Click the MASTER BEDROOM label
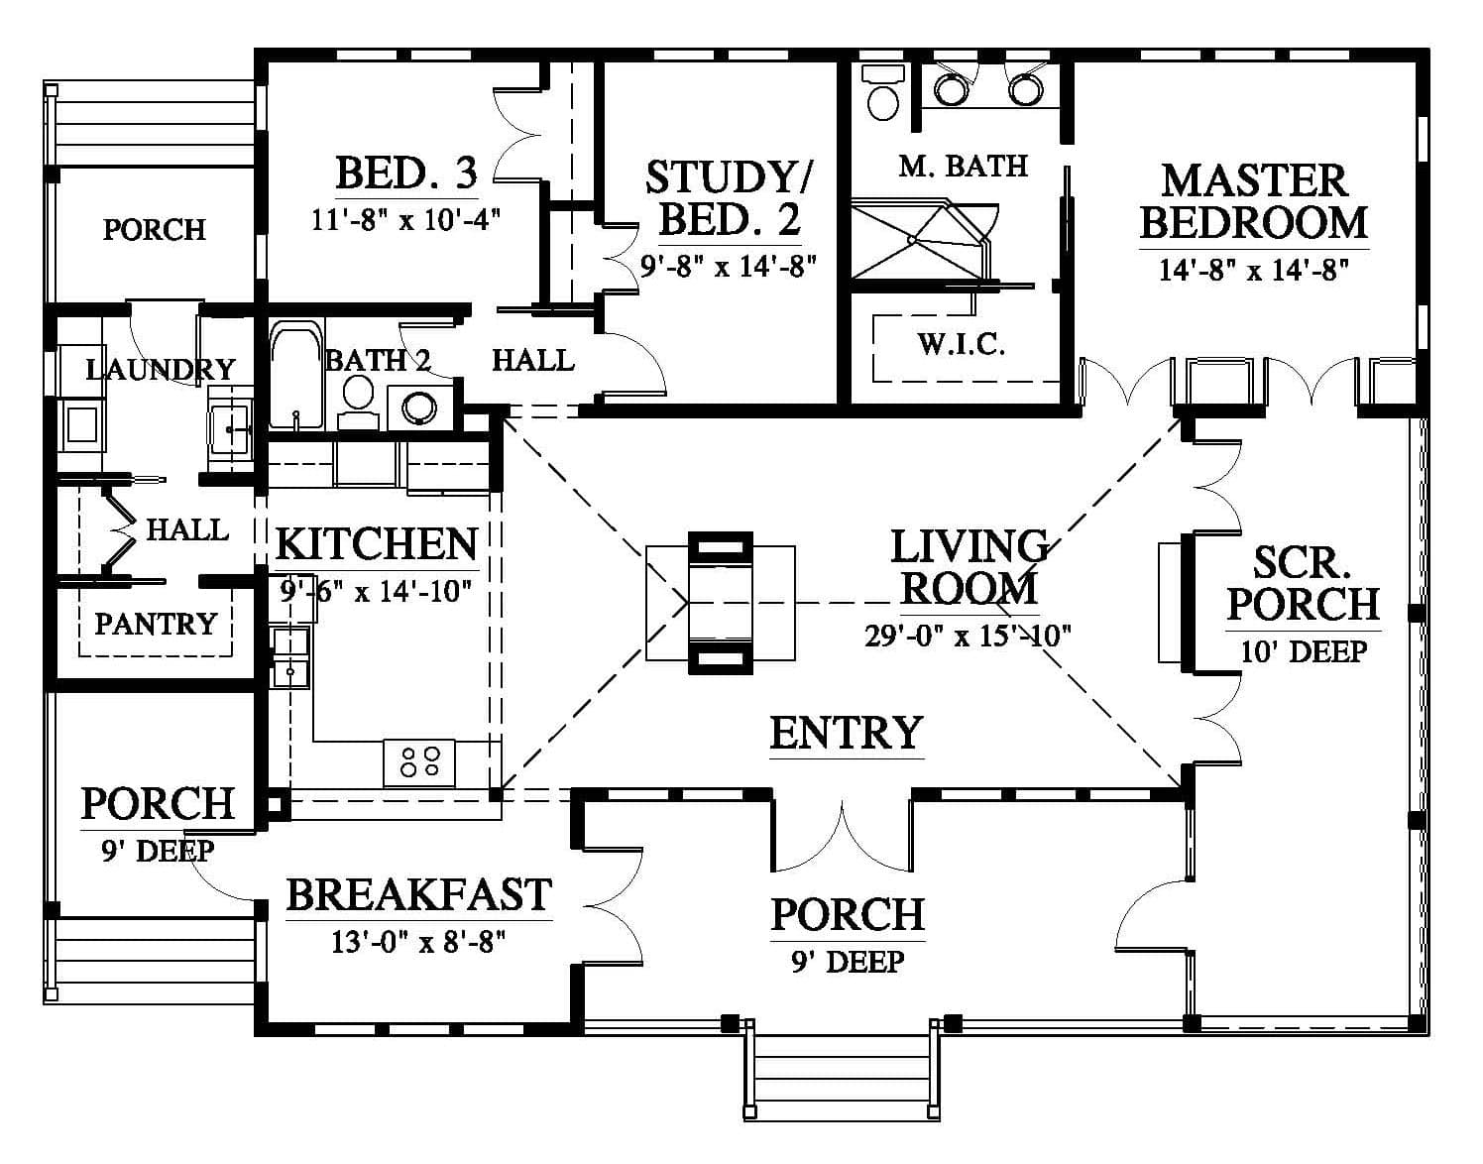point(1254,201)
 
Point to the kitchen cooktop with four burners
point(419,762)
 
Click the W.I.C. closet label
point(962,345)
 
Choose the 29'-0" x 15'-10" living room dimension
point(968,636)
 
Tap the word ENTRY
point(847,733)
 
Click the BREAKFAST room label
point(419,895)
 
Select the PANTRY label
point(156,624)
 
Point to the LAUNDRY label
point(161,370)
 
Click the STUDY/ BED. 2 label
point(730,198)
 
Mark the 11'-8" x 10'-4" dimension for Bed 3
point(406,220)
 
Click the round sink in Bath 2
point(419,407)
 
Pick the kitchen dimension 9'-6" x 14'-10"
point(376,590)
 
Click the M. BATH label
point(963,166)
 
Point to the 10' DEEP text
point(1304,651)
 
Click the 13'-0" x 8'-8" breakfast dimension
point(418,942)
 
